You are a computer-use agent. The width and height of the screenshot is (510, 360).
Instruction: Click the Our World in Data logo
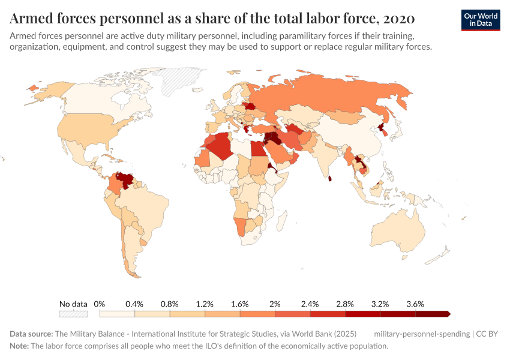[480, 20]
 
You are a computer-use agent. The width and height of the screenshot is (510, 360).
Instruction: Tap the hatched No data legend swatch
[73, 314]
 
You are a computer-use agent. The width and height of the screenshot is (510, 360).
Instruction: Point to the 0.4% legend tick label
[134, 304]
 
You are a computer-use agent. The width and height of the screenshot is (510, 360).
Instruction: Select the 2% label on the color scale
[275, 304]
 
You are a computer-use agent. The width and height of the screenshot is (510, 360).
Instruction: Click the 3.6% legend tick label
[415, 304]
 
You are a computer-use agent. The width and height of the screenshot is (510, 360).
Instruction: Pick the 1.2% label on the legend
[205, 304]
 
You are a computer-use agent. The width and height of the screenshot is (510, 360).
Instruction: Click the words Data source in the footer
[31, 334]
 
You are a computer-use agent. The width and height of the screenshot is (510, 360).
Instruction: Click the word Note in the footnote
[19, 346]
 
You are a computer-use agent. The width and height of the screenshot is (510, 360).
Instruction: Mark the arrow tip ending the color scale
[448, 314]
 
